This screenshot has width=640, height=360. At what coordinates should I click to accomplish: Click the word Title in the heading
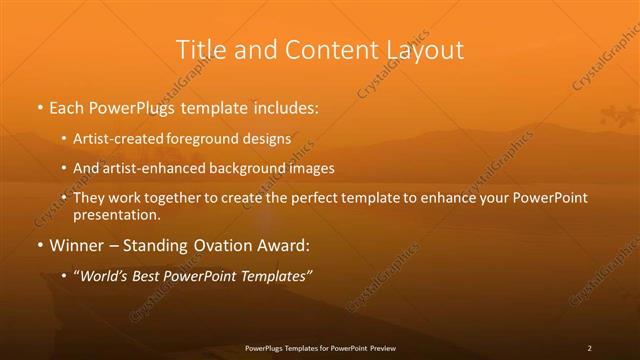click(198, 49)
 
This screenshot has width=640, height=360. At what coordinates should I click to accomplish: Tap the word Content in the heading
click(318, 49)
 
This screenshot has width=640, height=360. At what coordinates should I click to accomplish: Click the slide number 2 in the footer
click(589, 348)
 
